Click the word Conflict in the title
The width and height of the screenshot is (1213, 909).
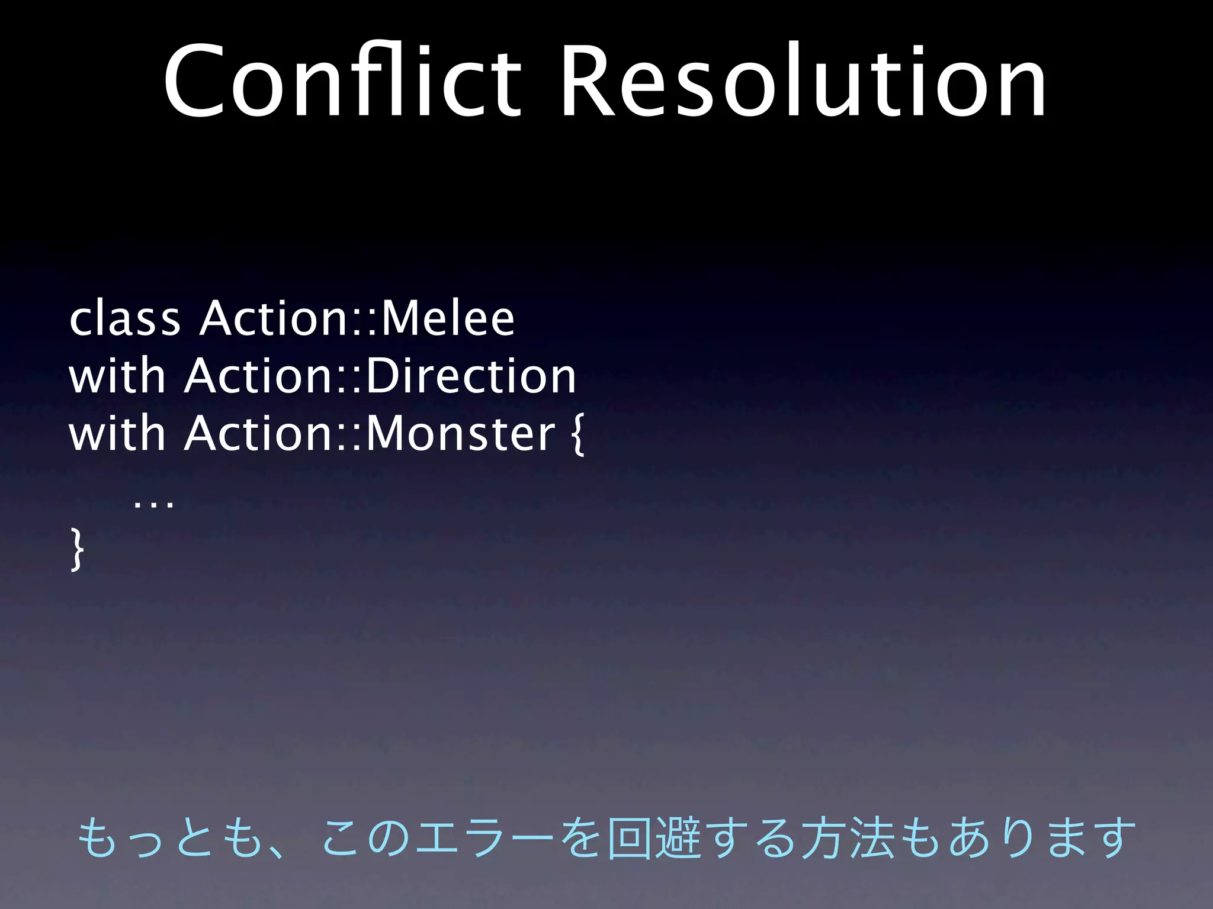(342, 82)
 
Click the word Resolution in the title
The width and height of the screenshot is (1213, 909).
(804, 82)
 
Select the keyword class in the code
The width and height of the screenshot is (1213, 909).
(124, 320)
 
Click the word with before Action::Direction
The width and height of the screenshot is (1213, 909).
(117, 377)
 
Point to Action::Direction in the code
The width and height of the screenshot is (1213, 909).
(380, 377)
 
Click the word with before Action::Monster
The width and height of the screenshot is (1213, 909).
(117, 434)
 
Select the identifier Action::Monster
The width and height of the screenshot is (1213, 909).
(370, 434)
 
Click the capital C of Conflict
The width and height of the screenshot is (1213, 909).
(195, 82)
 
